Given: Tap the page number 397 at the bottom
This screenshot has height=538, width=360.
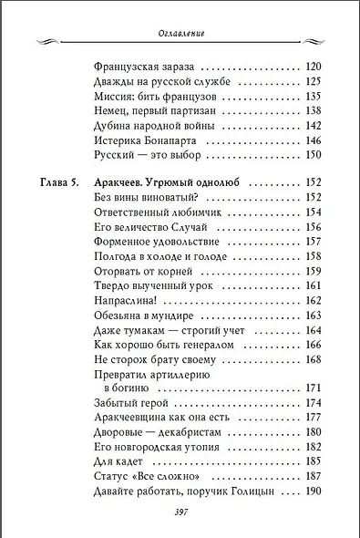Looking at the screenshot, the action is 180,512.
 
